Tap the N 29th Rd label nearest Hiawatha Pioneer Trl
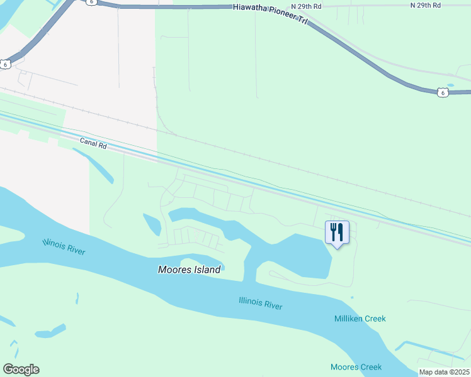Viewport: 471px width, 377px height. coord(322,6)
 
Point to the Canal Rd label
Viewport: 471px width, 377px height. coord(93,143)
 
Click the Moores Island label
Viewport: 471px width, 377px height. coord(189,270)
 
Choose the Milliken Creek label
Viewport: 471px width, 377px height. coord(360,319)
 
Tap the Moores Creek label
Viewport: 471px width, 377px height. coord(356,367)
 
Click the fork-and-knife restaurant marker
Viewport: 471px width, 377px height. coord(337,232)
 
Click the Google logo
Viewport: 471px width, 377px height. coord(21,369)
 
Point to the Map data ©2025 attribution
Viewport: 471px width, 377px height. coord(444,372)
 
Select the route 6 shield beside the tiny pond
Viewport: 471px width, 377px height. coord(443,92)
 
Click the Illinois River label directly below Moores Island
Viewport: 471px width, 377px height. coord(261,304)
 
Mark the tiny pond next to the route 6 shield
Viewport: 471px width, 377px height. coord(450,85)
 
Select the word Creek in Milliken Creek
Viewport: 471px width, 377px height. coord(373,319)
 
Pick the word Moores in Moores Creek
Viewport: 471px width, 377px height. coord(344,367)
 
